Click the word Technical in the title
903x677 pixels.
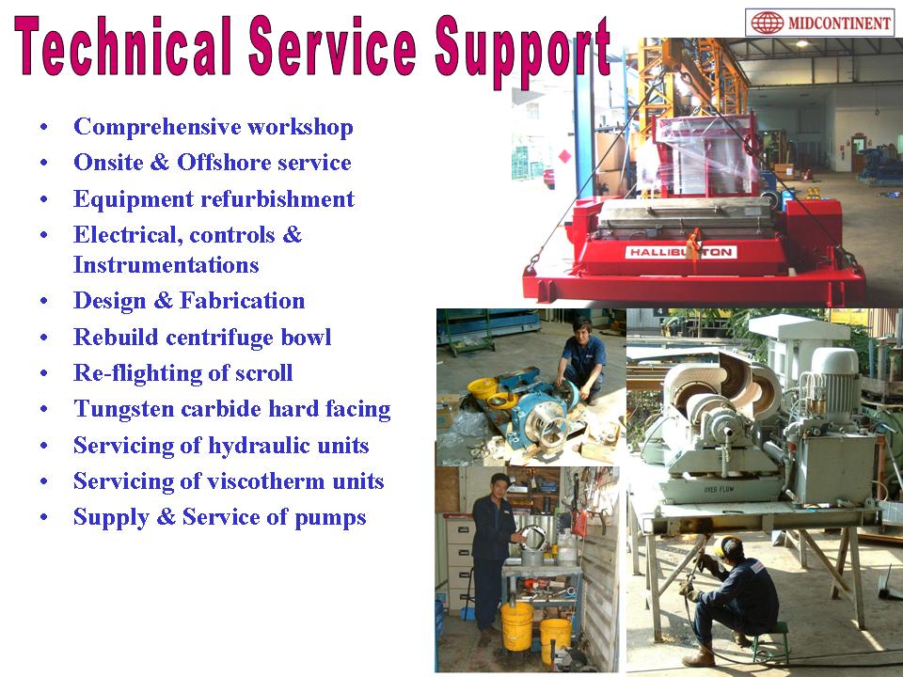[122, 46]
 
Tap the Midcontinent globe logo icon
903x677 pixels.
[767, 23]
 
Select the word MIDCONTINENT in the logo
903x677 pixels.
[838, 24]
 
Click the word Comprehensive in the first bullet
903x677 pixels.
[157, 127]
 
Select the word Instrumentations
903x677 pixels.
[166, 265]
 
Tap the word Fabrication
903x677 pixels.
[243, 301]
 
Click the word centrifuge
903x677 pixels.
[219, 338]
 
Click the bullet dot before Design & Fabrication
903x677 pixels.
[44, 301]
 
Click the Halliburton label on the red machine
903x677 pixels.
[681, 252]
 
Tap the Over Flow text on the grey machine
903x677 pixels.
[718, 490]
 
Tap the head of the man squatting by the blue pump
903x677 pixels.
[581, 327]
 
